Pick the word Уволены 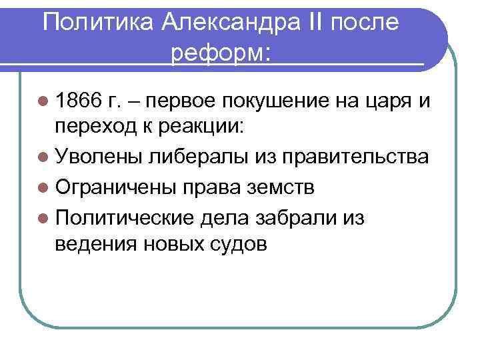coord(99,157)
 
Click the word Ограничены coord(114,187)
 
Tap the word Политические coord(125,217)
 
